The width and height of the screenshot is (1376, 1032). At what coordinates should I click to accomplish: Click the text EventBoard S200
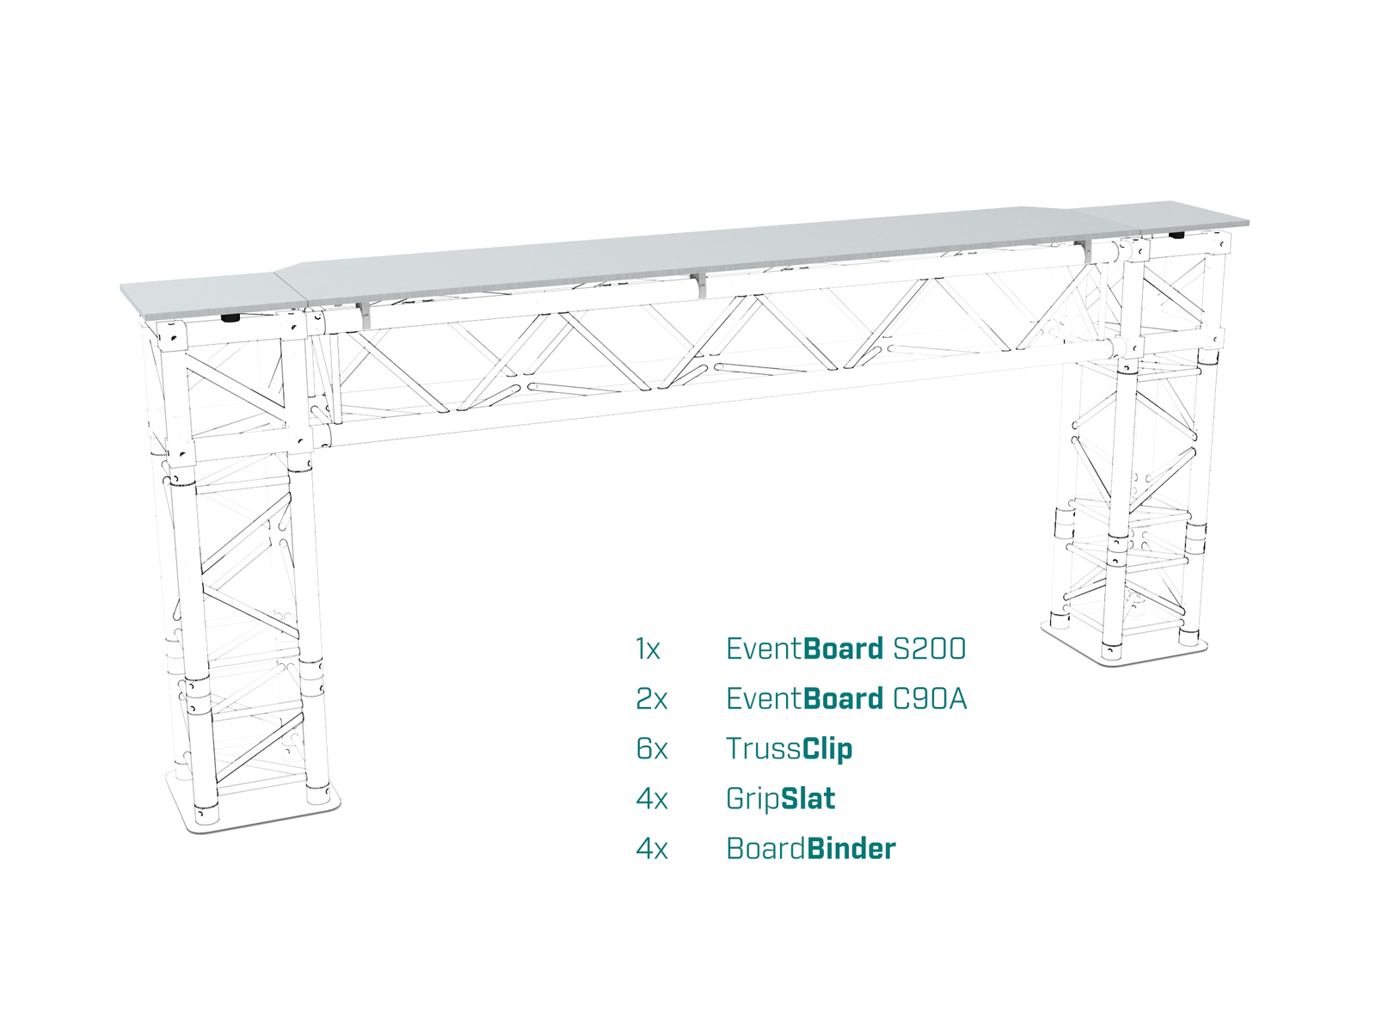845,649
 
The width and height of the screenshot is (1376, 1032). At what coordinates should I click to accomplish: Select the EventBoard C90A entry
846,698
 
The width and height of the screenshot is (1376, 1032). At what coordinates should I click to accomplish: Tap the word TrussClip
789,749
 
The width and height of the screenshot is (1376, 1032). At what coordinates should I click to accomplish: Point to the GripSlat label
781,800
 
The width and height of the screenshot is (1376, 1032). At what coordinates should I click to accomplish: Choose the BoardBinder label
811,849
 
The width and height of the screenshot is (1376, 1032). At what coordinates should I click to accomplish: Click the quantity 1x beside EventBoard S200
648,649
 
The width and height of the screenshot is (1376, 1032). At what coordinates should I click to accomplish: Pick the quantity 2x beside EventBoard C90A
652,699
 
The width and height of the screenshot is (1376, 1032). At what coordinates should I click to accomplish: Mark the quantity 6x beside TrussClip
652,749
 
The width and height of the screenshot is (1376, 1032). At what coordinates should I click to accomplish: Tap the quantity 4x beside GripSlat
652,800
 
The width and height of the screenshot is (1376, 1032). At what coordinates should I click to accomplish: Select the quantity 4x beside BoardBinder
652,849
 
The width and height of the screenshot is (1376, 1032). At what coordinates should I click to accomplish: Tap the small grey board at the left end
213,297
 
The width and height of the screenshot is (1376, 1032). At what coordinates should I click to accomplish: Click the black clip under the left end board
230,318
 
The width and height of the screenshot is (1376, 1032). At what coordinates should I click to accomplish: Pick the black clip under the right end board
1176,236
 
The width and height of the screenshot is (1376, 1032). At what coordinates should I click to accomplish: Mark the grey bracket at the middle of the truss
700,285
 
